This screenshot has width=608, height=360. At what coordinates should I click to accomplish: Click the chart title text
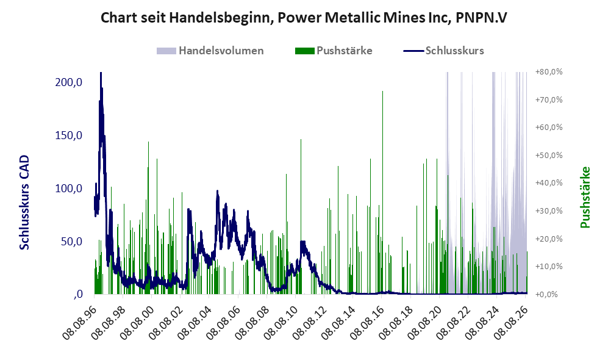pyautogui.click(x=304, y=18)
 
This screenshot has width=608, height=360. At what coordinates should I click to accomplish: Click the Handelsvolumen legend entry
pyautogui.click(x=210, y=51)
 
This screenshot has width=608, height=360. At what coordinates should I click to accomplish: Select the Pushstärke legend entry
pyautogui.click(x=334, y=51)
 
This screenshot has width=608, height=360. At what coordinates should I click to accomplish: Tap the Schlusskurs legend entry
pyautogui.click(x=443, y=51)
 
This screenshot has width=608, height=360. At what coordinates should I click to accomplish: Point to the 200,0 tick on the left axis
pyautogui.click(x=69, y=82)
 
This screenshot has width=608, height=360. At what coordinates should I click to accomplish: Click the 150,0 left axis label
pyautogui.click(x=69, y=135)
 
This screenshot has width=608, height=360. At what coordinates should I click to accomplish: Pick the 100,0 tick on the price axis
pyautogui.click(x=69, y=189)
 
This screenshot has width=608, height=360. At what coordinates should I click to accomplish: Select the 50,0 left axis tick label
pyautogui.click(x=72, y=241)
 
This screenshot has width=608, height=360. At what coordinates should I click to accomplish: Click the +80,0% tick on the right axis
pyautogui.click(x=549, y=72)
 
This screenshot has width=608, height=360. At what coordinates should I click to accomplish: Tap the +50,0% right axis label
pyautogui.click(x=549, y=155)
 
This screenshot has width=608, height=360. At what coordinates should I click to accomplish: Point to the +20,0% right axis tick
pyautogui.click(x=549, y=239)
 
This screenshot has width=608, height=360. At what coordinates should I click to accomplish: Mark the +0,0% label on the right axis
pyautogui.click(x=547, y=295)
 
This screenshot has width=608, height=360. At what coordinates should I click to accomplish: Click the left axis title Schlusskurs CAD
pyautogui.click(x=24, y=203)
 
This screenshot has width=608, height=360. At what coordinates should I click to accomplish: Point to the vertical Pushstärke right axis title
pyautogui.click(x=585, y=198)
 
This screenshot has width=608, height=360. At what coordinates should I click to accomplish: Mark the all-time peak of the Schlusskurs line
pyautogui.click(x=101, y=73)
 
